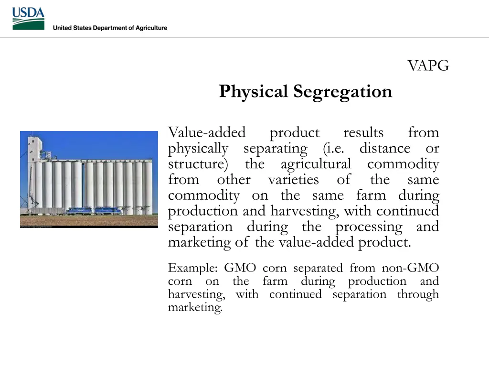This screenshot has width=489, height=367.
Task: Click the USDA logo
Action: [28, 19]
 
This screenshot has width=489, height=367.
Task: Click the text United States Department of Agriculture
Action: [110, 28]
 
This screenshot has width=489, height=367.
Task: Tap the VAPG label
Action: [428, 66]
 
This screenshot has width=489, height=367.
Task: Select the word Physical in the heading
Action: [254, 91]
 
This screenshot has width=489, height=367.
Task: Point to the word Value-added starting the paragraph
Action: [207, 132]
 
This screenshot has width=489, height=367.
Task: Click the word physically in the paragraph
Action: [198, 149]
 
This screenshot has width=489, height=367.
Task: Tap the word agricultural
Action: [315, 164]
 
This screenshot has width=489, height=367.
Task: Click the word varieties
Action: [293, 180]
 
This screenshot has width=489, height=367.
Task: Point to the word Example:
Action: [193, 268]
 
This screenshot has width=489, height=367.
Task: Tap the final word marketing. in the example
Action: [195, 307]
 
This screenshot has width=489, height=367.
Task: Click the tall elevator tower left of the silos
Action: [34, 167]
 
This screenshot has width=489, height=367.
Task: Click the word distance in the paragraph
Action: [384, 149]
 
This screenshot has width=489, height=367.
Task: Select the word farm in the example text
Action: [275, 281]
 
